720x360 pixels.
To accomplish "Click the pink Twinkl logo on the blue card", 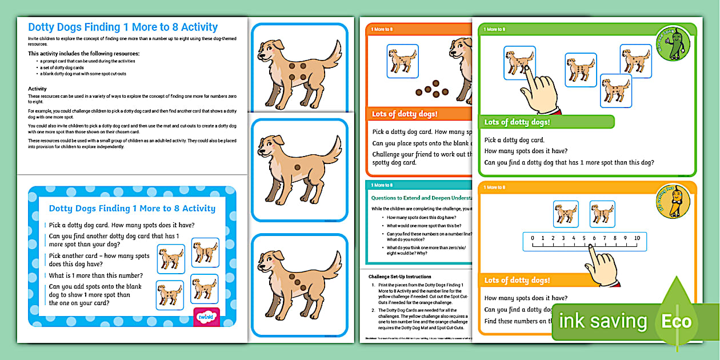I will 203,317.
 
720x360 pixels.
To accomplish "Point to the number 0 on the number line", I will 533,238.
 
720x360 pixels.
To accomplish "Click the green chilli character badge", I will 673,43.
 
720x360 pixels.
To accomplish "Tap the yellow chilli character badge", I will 673,201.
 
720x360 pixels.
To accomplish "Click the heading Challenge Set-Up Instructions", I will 399,277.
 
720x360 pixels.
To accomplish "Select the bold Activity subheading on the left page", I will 37,89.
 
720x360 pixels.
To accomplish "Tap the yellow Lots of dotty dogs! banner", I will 517,280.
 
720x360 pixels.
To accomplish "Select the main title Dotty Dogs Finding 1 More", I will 123,27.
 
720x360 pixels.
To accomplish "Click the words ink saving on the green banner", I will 603,321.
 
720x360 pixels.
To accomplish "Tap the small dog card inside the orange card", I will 402,61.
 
